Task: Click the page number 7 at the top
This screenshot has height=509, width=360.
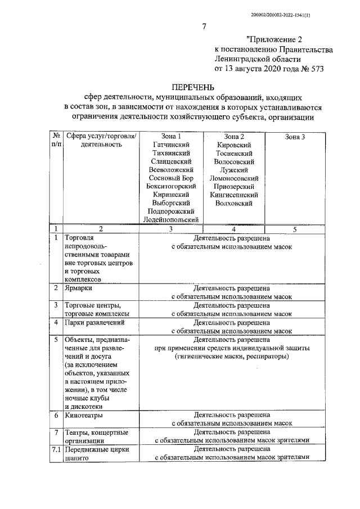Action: pos(204,26)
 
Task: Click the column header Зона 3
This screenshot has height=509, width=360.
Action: pos(295,137)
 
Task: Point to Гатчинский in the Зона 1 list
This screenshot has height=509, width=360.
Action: pos(172,145)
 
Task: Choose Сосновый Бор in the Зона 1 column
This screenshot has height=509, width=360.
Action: pos(172,178)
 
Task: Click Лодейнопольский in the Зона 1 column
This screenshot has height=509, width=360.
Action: pos(172,219)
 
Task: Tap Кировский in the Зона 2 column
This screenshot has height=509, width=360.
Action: pos(233,145)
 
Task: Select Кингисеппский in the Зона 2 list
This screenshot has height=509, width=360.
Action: pos(233,195)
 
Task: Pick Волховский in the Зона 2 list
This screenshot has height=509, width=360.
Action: pos(233,203)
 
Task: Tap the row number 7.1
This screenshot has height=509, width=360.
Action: pos(56,449)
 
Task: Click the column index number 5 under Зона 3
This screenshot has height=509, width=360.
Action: pos(295,229)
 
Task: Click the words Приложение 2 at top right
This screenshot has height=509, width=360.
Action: pos(274,39)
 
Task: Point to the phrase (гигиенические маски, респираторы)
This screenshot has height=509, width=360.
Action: pos(232,357)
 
